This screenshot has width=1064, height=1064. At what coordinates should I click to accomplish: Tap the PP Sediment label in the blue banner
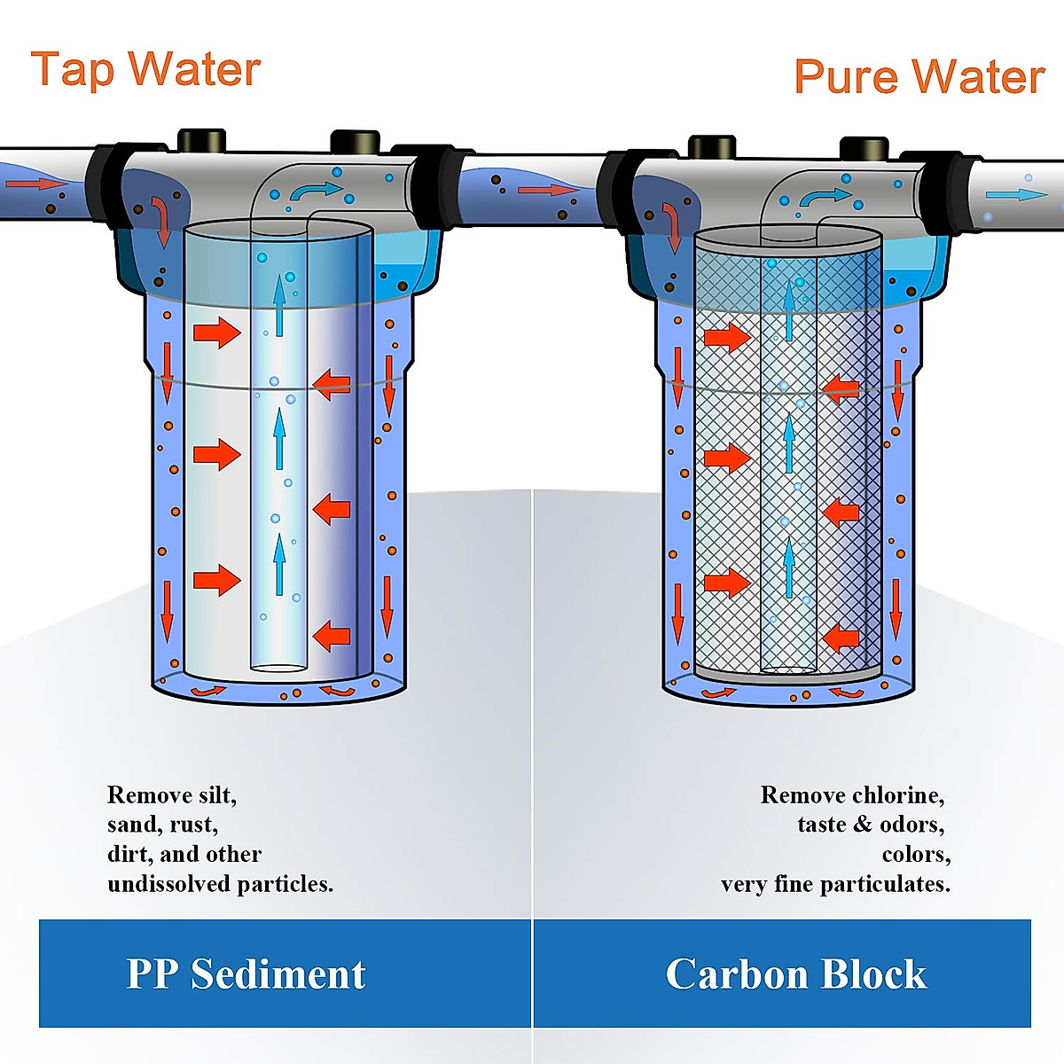coord(246,974)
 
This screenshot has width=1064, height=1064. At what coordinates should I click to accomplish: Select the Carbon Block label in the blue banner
coord(795,974)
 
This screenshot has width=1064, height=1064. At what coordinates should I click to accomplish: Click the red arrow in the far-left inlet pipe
coord(35,184)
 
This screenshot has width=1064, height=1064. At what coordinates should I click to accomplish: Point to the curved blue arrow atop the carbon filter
coord(825,197)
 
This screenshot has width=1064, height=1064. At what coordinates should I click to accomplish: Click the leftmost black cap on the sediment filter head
coord(202,140)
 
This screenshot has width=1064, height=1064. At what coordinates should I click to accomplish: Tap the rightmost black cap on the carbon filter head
coord(864,147)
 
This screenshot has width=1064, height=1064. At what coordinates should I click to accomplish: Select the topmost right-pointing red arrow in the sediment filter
coord(217,332)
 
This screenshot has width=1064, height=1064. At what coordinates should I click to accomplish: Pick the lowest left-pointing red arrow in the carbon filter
coord(840,638)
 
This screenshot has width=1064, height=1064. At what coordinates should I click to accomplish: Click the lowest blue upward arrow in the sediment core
coord(279,564)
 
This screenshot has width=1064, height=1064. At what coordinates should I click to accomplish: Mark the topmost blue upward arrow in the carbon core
coord(788,303)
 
